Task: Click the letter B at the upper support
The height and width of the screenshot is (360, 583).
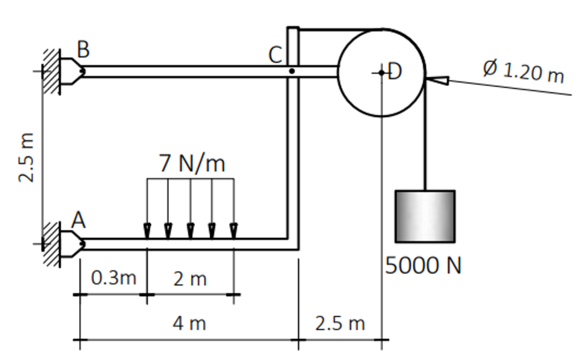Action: point(83,49)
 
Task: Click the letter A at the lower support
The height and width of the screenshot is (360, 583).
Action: point(79,220)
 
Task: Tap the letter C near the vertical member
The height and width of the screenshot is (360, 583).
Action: point(276,55)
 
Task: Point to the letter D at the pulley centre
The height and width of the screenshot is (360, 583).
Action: point(395,71)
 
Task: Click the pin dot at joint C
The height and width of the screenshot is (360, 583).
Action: point(292,71)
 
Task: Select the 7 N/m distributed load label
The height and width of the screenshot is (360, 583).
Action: point(192,163)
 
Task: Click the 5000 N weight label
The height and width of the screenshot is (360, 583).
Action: point(423,266)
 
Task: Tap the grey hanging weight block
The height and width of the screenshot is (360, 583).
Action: point(425,216)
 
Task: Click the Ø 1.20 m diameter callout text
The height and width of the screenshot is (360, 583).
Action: point(524,71)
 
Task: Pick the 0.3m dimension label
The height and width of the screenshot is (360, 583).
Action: point(114,278)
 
